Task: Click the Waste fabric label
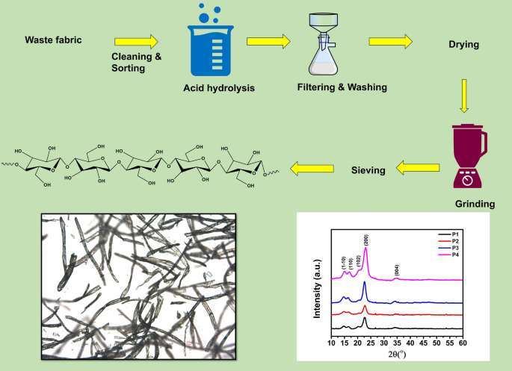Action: [53, 40]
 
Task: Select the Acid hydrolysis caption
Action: [219, 89]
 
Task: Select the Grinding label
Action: [475, 204]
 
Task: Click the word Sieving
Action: [368, 170]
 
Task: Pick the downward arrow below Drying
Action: [463, 96]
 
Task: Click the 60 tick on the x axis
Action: [463, 341]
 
